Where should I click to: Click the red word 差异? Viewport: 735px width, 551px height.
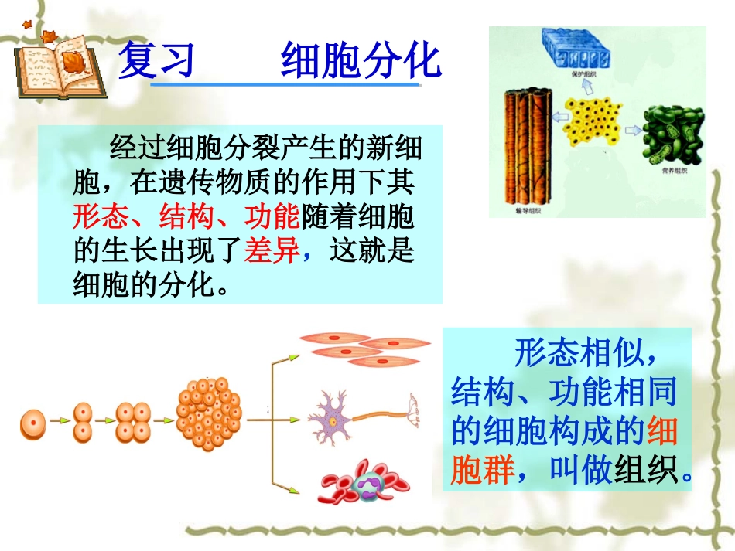click(272, 250)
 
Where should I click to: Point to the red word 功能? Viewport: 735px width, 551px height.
click(272, 217)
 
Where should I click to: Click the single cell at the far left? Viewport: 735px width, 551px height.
click(32, 422)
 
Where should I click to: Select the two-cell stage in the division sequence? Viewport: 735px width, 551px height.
click(83, 422)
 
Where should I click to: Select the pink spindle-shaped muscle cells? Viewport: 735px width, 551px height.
click(364, 347)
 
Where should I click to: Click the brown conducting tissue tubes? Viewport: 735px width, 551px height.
click(527, 144)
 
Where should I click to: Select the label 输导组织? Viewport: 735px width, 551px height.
click(527, 209)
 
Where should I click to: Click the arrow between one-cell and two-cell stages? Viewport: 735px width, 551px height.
click(59, 422)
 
